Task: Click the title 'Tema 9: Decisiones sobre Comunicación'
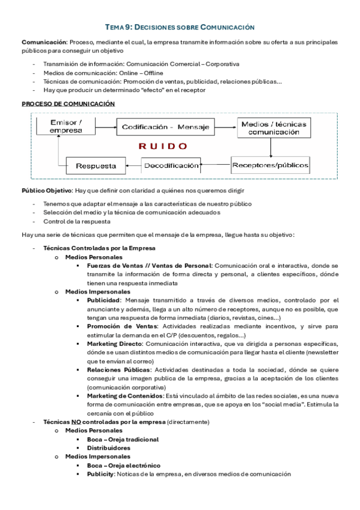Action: coord(180,27)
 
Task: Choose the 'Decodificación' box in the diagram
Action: coord(171,165)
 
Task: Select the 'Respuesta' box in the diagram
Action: coord(91,165)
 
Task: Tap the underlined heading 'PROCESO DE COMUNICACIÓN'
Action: coord(68,104)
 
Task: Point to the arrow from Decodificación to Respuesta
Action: coord(133,165)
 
